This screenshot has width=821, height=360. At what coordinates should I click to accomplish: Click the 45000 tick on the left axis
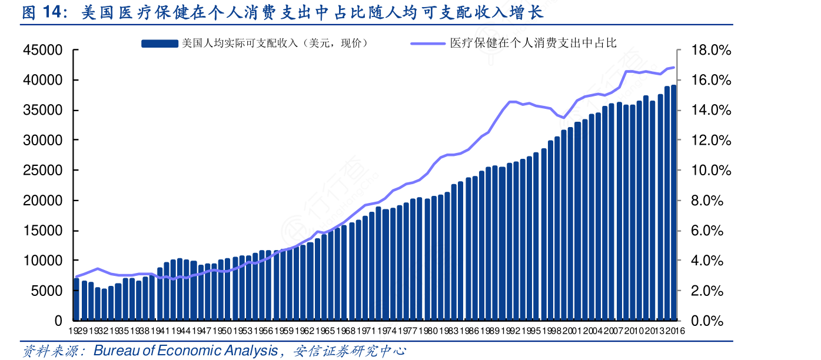coord(43,51)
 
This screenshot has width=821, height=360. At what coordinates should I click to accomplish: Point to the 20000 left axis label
coord(43,201)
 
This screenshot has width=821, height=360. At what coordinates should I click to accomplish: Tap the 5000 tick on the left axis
coord(46,291)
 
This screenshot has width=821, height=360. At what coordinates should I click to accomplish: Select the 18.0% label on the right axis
coord(711,51)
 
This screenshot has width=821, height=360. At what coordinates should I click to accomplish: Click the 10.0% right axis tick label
coord(711,171)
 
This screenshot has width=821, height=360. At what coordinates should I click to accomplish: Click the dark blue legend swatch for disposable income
coord(159,43)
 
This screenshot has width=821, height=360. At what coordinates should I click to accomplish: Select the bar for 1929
coord(77,300)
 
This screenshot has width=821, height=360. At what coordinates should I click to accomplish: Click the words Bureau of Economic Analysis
coord(185,351)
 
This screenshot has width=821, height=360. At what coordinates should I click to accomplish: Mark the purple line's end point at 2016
coord(673,68)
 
